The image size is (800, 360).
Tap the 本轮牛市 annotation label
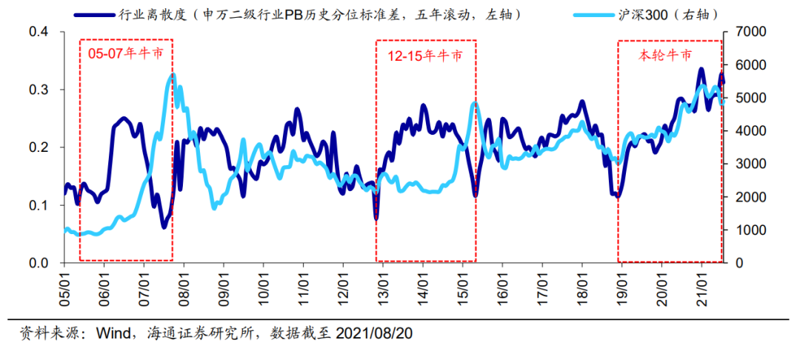click(666, 54)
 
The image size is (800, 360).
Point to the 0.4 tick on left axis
click(38, 32)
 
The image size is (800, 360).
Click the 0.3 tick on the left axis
click(38, 90)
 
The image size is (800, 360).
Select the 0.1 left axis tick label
click(38, 205)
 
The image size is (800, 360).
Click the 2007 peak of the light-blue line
click(173, 74)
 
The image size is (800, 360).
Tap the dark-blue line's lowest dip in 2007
click(164, 227)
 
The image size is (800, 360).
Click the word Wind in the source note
click(111, 334)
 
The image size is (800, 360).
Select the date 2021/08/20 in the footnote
click(374, 334)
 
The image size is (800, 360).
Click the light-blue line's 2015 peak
click(474, 103)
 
